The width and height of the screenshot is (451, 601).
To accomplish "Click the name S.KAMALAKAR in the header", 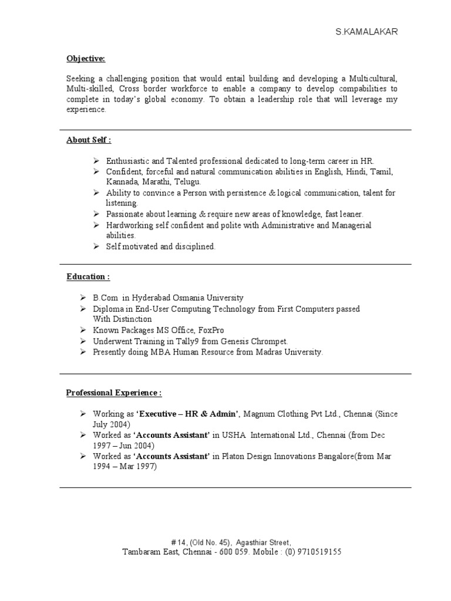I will click(x=366, y=32).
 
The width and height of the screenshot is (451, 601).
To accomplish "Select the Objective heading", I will click(x=85, y=59).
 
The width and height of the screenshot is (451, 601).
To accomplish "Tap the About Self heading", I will click(x=88, y=140).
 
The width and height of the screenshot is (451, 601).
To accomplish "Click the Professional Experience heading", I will click(x=113, y=392).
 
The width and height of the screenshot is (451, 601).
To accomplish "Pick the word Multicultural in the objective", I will click(x=373, y=78).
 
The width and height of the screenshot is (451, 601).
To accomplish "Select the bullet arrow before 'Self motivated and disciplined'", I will click(x=97, y=247).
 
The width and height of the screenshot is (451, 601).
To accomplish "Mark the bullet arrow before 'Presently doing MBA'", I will click(x=84, y=352).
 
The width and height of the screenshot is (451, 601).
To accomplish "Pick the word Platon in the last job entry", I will click(x=235, y=457).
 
